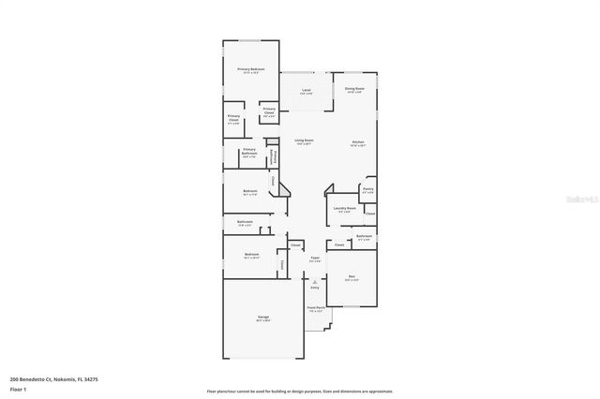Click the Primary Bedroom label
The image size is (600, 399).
250,70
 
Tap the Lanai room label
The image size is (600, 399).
307,92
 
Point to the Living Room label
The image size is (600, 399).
305,141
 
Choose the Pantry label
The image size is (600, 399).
368,190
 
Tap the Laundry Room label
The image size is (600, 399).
345,210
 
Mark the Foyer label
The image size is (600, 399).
316,259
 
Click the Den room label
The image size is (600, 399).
352,278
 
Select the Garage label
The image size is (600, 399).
263,318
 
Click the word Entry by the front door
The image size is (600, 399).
315,288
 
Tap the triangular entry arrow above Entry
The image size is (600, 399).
315,281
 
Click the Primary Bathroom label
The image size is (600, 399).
249,152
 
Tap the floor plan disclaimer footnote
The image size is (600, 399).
300,391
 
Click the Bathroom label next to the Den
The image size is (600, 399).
365,237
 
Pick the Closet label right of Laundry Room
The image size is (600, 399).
370,214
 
